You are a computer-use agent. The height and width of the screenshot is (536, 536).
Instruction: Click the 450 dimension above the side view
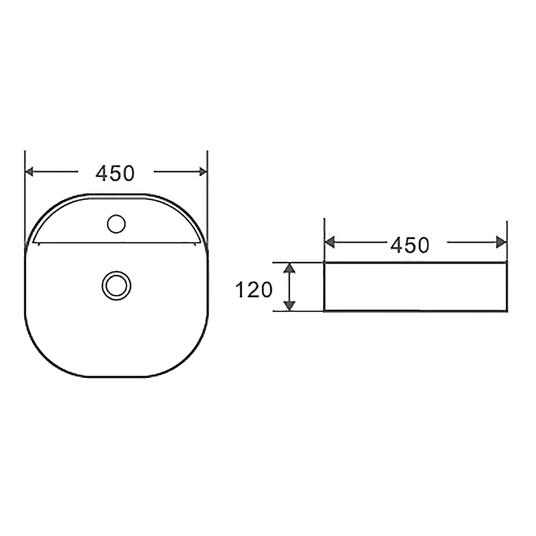click(410, 245)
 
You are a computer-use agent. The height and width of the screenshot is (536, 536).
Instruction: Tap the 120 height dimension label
click(254, 290)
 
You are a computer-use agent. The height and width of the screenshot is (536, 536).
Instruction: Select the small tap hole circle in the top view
click(116, 224)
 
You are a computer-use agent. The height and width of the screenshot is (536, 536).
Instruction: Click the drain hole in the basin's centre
click(116, 286)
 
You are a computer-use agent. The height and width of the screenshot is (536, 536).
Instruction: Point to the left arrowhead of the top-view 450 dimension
click(29, 172)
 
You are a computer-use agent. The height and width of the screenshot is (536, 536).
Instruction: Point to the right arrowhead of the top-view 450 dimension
click(203, 172)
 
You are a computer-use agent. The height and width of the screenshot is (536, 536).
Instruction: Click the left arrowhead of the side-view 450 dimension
click(329, 243)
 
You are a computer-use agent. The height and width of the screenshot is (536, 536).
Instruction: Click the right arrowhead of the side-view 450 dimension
click(502, 243)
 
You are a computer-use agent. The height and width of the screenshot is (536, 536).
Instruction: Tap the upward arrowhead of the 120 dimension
click(289, 268)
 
